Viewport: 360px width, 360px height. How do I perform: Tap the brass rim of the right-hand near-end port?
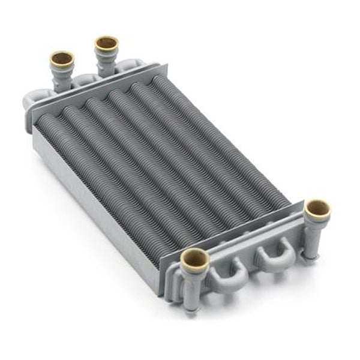(317, 209)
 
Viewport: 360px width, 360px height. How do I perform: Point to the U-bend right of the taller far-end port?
(127, 67)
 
